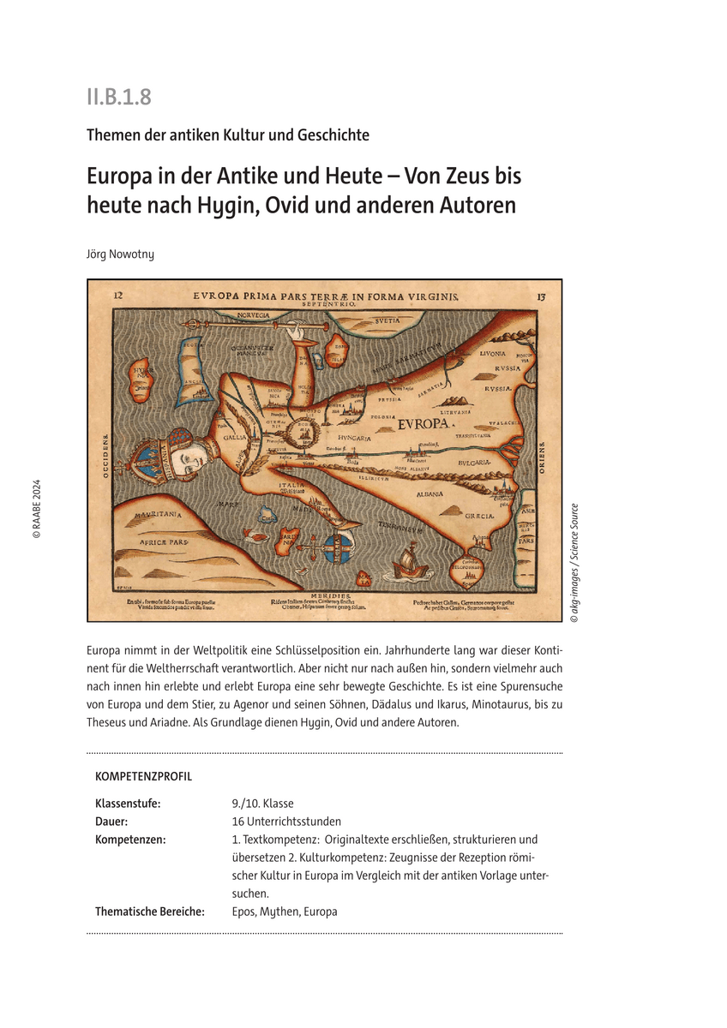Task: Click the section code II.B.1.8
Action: pyautogui.click(x=118, y=97)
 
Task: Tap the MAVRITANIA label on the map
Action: pyautogui.click(x=156, y=516)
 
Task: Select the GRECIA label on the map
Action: pyautogui.click(x=479, y=517)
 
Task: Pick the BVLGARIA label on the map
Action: pyautogui.click(x=473, y=463)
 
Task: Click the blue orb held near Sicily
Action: pyautogui.click(x=340, y=546)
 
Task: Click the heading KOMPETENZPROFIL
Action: pyautogui.click(x=143, y=777)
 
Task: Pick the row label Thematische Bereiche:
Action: pyautogui.click(x=150, y=911)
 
